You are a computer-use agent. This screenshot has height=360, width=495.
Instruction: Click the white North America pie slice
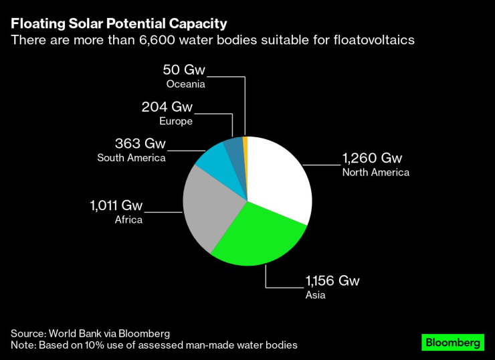click(278, 177)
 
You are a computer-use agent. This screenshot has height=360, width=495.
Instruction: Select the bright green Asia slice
click(258, 234)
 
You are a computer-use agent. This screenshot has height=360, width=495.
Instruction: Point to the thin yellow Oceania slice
click(245, 142)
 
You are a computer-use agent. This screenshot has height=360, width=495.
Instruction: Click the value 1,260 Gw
click(372, 159)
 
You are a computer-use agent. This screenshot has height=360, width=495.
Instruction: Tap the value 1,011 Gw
click(116, 205)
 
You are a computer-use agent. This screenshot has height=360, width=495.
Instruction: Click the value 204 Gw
click(167, 107)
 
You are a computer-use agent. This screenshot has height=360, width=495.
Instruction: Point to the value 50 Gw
click(184, 70)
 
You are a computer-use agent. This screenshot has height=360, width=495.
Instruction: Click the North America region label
click(375, 173)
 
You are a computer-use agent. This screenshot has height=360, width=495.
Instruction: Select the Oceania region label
click(185, 84)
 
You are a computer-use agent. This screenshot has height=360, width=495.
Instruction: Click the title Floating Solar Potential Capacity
click(118, 23)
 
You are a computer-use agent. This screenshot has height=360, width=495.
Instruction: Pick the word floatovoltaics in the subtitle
click(371, 40)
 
